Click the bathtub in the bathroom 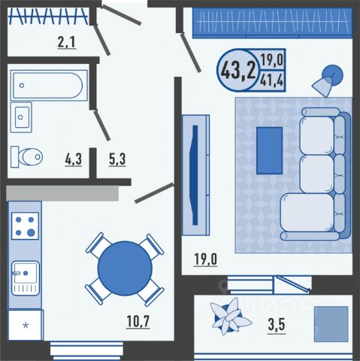tap(49, 85)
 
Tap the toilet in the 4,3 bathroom tap(26, 157)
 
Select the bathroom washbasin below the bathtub tap(21, 117)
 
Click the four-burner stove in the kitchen tap(25, 226)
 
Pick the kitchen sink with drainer tap(26, 278)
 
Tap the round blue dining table tap(125, 268)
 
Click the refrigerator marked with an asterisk tap(26, 325)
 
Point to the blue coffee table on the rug tap(270, 150)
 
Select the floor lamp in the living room tap(328, 80)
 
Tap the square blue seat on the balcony tap(331, 324)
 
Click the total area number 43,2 tap(239, 71)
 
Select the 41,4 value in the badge tap(272, 80)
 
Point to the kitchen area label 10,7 tap(138, 322)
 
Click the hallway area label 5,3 tap(117, 159)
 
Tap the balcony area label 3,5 tap(277, 325)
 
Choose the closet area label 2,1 tap(66, 42)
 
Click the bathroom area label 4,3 tap(74, 159)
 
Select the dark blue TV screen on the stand tap(195, 175)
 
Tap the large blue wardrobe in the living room tap(272, 23)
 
